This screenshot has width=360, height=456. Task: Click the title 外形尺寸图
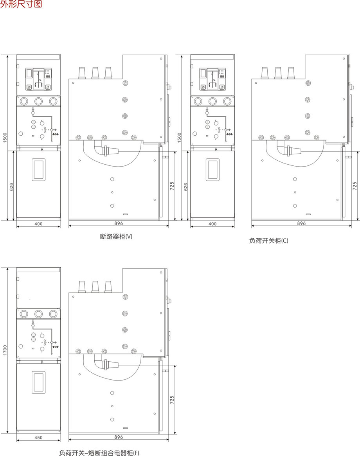[x=21, y=4]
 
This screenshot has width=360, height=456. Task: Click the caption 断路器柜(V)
[x=116, y=237]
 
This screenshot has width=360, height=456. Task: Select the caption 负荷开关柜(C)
[x=268, y=241]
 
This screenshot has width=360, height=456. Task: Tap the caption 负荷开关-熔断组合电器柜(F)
[x=99, y=453]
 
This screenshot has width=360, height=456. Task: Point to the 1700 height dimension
[x=5, y=350]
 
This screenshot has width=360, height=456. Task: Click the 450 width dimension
[x=38, y=437]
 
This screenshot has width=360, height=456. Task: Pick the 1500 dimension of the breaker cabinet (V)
[x=5, y=138]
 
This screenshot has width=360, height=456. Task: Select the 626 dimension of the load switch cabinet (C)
[x=186, y=187]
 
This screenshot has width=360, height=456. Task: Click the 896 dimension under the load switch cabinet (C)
[x=302, y=223]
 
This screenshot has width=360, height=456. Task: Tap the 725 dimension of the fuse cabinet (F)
[x=172, y=400]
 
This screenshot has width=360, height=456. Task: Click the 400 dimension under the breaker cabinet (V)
[x=38, y=224]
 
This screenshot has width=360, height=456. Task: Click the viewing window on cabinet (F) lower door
[x=38, y=382]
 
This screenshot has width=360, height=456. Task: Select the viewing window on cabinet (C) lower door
[x=212, y=170]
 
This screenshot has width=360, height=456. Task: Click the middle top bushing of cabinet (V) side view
[x=95, y=73]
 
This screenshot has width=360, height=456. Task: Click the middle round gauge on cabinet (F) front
[x=38, y=314]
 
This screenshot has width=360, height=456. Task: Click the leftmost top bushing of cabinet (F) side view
[x=82, y=286]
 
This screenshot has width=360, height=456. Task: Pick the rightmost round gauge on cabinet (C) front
[x=227, y=101]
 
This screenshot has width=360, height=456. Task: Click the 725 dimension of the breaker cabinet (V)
[x=172, y=186]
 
